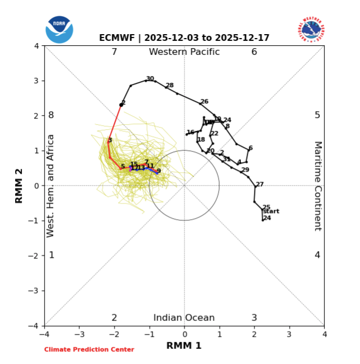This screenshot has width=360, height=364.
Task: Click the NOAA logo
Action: (x=59, y=29)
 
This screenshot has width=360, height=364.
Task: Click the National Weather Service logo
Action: (x=311, y=30)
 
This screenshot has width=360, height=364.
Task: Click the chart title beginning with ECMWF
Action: (x=184, y=38)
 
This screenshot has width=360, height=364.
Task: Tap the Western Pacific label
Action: (x=184, y=52)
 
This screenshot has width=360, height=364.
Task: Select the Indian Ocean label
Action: (x=184, y=318)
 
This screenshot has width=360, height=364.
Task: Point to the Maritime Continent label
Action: (x=318, y=186)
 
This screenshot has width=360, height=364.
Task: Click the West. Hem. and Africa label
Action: (x=51, y=186)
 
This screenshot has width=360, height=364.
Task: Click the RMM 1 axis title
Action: (x=184, y=346)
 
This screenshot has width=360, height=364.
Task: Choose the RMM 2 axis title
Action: (x=19, y=186)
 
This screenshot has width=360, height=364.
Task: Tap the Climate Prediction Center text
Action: (x=89, y=349)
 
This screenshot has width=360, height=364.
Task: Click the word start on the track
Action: (x=271, y=211)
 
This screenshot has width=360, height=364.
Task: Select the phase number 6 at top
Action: (x=254, y=52)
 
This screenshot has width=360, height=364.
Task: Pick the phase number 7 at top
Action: (x=114, y=52)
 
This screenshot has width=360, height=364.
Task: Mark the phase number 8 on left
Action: (x=51, y=115)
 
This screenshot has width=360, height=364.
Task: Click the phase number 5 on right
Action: (x=318, y=115)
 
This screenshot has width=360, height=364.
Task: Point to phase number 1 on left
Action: (x=51, y=255)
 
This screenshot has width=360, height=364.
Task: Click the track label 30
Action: (x=150, y=79)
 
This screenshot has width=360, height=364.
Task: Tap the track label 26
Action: (x=204, y=102)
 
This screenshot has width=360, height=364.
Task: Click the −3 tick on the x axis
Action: (x=79, y=334)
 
